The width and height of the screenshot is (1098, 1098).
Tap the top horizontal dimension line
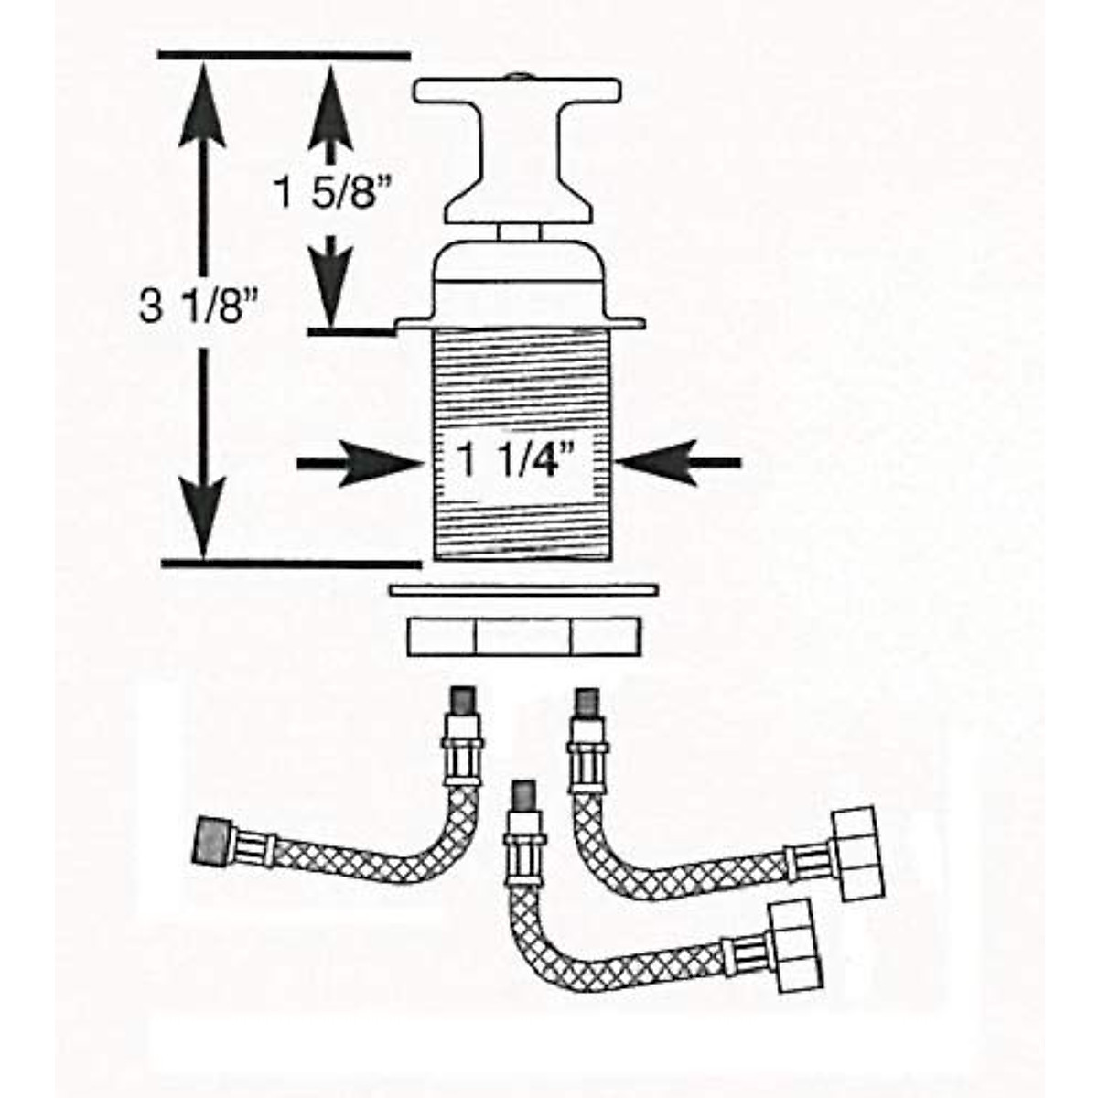[x=284, y=57]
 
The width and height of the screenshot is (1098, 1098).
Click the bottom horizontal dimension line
[x=291, y=563]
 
